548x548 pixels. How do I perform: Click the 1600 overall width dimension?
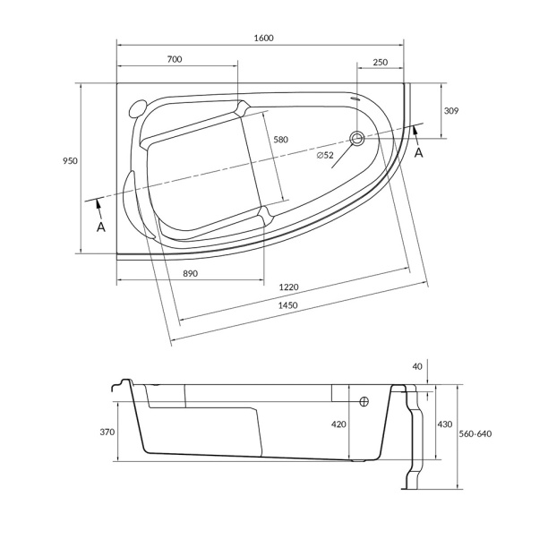(x=263, y=38)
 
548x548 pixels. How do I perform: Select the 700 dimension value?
(x=175, y=59)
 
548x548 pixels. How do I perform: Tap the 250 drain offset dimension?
(x=381, y=62)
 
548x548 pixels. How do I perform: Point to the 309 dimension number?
(x=450, y=111)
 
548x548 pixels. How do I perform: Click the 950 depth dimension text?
(x=70, y=161)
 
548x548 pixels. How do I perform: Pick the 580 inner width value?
(x=280, y=140)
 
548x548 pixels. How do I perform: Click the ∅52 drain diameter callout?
(x=325, y=155)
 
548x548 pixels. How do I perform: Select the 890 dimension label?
(x=191, y=273)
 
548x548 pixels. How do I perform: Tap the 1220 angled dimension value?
(x=289, y=287)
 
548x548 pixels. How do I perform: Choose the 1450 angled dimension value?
(x=288, y=305)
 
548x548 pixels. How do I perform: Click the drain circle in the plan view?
(x=357, y=139)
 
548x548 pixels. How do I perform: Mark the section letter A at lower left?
(x=100, y=227)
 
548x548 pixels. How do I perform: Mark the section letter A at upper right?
(x=419, y=153)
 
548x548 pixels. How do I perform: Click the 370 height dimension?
(x=107, y=432)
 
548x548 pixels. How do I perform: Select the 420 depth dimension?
(x=338, y=424)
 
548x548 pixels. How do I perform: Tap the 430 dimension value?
(x=445, y=424)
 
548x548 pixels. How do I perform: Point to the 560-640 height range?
(x=475, y=433)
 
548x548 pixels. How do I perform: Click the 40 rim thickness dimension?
(x=417, y=366)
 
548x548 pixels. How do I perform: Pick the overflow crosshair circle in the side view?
(x=364, y=401)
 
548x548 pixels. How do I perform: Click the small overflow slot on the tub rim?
(x=355, y=98)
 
